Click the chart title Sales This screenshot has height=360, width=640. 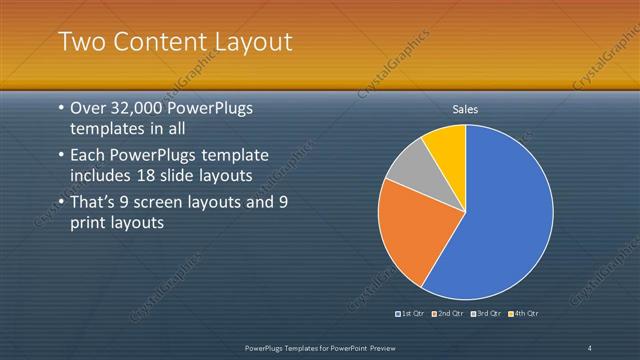click(x=466, y=108)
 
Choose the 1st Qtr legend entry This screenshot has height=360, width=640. click(x=411, y=314)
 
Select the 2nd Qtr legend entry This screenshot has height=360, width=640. click(x=449, y=314)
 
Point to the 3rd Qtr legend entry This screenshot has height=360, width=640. click(x=486, y=314)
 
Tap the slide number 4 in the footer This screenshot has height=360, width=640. click(x=590, y=347)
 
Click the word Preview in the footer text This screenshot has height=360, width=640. click(x=377, y=347)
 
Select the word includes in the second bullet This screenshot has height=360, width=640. click(x=101, y=176)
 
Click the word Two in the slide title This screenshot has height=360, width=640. click(x=79, y=42)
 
